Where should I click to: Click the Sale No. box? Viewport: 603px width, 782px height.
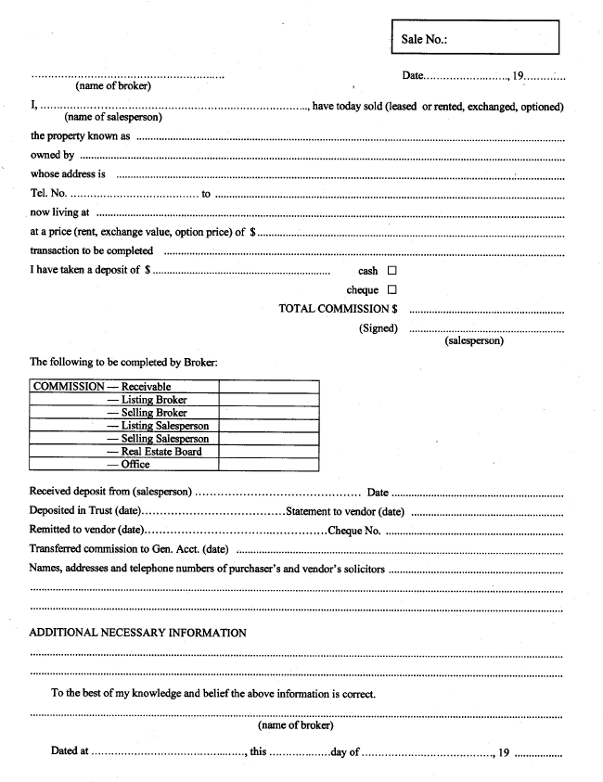pos(476,40)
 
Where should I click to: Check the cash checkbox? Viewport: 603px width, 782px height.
pos(391,271)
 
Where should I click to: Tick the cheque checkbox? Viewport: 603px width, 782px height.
pos(391,290)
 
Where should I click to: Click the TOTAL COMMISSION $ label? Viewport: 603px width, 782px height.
pos(339,309)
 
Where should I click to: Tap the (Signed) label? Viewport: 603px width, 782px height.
pos(378,328)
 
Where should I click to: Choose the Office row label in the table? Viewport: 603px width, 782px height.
pos(135,465)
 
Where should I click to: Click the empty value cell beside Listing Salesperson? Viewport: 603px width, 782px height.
pos(269,426)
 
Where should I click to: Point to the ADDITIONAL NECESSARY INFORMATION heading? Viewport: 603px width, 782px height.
pos(138,633)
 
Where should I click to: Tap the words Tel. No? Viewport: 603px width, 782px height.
pos(48,194)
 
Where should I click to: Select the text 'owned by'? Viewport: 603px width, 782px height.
pos(52,155)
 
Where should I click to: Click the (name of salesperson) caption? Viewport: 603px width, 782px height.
pos(113,118)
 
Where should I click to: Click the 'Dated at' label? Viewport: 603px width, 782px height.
pos(70,751)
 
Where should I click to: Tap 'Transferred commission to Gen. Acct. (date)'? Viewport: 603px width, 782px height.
pos(129,549)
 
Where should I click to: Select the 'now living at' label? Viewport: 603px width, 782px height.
pos(59,213)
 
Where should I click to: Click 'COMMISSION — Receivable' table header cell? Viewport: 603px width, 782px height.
pos(102,387)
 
